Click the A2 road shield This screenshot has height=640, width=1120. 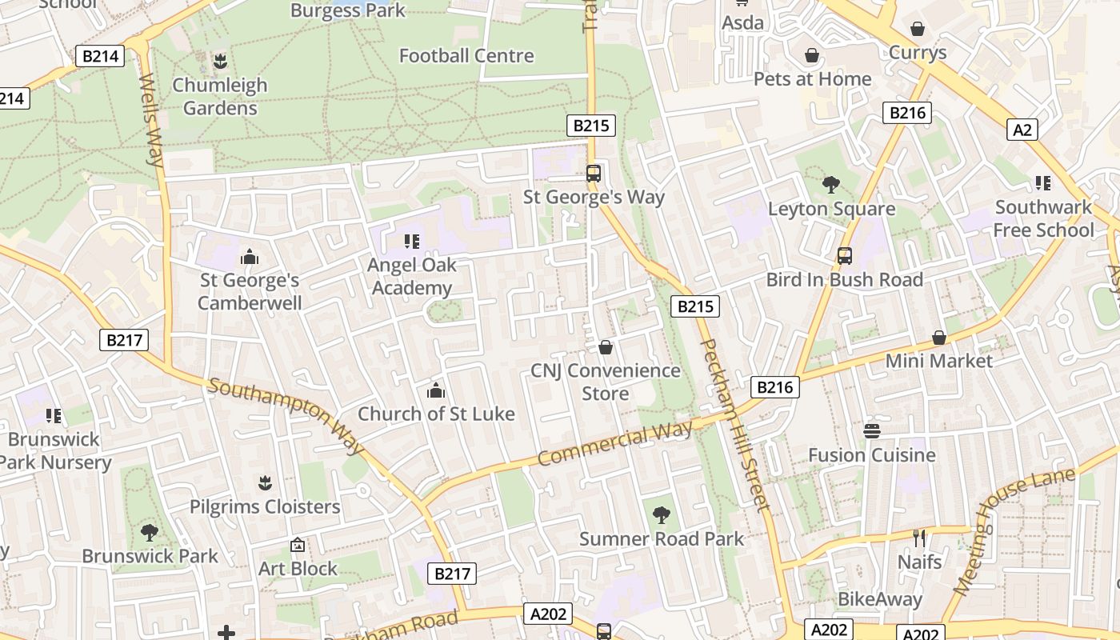point(1022,129)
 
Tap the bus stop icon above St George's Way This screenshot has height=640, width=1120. point(594,173)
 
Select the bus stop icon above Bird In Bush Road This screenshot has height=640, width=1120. point(845,256)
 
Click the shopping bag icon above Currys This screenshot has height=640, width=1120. point(918,29)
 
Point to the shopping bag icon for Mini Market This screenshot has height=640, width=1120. point(939,338)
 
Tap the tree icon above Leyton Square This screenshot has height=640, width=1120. point(831,185)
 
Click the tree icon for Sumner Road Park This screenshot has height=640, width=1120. point(662,514)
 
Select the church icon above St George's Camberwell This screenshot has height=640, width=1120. point(250,257)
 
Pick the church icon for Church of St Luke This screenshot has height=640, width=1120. point(436,390)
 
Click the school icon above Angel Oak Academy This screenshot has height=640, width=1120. point(412,241)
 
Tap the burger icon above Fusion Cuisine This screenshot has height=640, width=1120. point(872,431)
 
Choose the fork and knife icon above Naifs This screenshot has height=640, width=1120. point(919,538)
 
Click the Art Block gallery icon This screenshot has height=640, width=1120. point(298,545)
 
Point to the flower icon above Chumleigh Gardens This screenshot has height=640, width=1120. point(220,61)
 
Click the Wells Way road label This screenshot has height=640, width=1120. point(151,120)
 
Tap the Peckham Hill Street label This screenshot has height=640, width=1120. point(734,424)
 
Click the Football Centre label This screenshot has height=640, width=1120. point(466,56)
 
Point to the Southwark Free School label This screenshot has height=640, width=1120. point(1043,218)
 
